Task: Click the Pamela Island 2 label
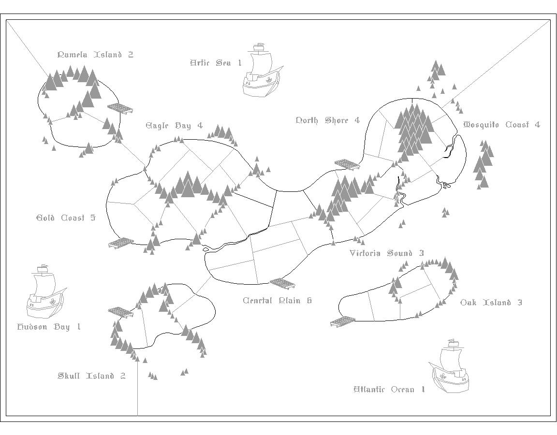click(x=95, y=55)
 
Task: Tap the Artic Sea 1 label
click(x=215, y=63)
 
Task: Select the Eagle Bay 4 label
click(x=174, y=126)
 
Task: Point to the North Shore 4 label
click(x=327, y=120)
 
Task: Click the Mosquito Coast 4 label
click(x=501, y=125)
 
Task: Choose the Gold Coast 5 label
click(x=66, y=218)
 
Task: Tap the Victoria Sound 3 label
click(x=386, y=253)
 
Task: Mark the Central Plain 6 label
click(x=277, y=301)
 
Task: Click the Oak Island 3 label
click(x=491, y=303)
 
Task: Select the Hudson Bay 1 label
click(x=49, y=327)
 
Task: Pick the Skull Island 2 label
click(x=91, y=376)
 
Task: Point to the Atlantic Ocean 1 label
click(x=389, y=390)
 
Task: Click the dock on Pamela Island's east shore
click(x=119, y=108)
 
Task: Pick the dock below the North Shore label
click(x=347, y=164)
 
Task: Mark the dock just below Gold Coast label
click(x=121, y=243)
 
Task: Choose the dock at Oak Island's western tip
click(x=343, y=321)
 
